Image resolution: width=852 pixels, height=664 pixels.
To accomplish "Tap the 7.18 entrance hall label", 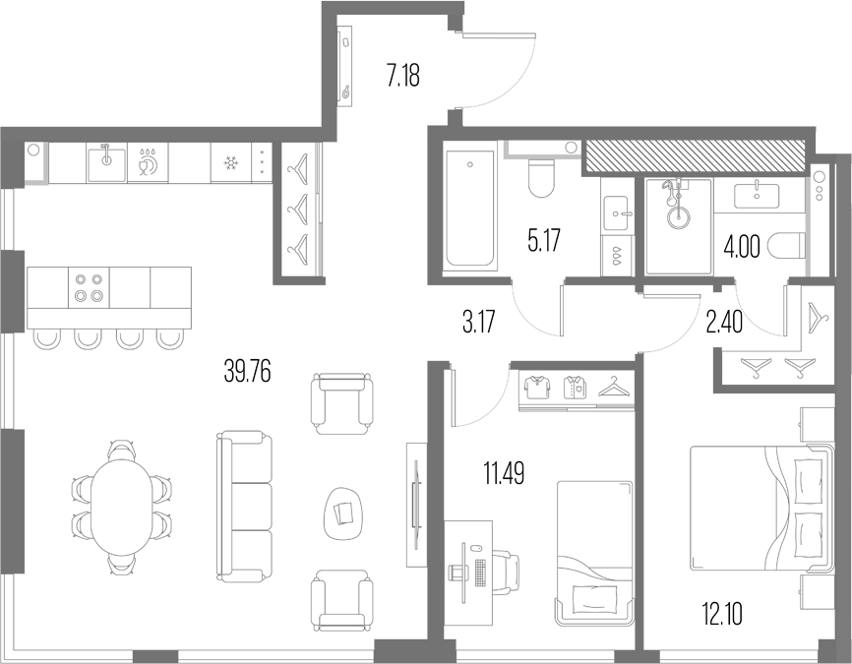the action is click(x=403, y=76).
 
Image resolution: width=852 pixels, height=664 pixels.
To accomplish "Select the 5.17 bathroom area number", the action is click(x=544, y=240).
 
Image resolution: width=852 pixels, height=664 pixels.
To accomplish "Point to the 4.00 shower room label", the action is click(x=741, y=248).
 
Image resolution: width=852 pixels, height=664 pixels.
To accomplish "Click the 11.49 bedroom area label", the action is click(x=505, y=473).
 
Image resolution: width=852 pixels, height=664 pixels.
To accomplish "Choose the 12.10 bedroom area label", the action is click(x=721, y=615).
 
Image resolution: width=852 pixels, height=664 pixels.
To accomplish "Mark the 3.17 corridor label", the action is click(x=479, y=323).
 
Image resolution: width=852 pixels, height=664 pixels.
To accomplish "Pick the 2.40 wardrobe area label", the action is click(x=724, y=324).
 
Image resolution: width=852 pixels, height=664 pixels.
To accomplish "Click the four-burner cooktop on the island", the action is click(x=90, y=287).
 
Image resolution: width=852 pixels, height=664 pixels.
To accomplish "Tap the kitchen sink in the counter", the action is click(x=106, y=162).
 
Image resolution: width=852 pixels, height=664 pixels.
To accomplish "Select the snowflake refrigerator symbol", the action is click(x=231, y=162).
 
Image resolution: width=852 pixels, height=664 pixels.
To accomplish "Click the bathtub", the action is click(x=470, y=210).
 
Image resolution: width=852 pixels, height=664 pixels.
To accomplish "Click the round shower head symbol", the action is click(x=677, y=216).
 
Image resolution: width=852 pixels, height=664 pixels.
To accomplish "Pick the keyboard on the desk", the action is click(x=479, y=573).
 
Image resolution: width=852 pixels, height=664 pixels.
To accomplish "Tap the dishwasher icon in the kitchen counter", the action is click(x=148, y=162).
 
